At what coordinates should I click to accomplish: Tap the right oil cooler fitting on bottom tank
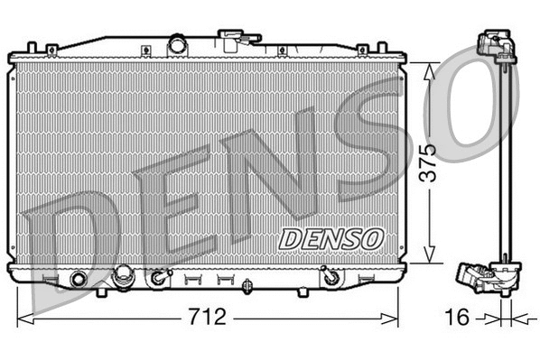(332, 279)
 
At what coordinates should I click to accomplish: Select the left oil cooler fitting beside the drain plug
(161, 279)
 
